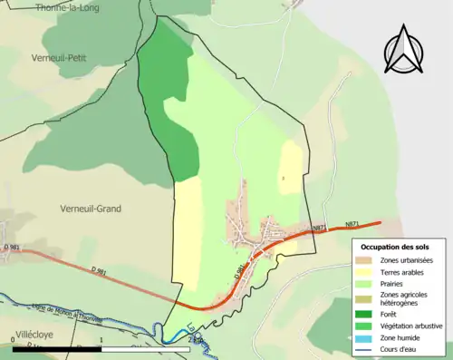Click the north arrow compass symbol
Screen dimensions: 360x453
[405, 50]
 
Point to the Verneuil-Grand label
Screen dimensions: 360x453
[90, 209]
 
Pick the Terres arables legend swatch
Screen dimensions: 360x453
[366, 272]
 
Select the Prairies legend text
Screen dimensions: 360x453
[395, 283]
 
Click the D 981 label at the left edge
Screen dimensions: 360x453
[11, 247]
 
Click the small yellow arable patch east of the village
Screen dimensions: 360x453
[290, 168]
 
